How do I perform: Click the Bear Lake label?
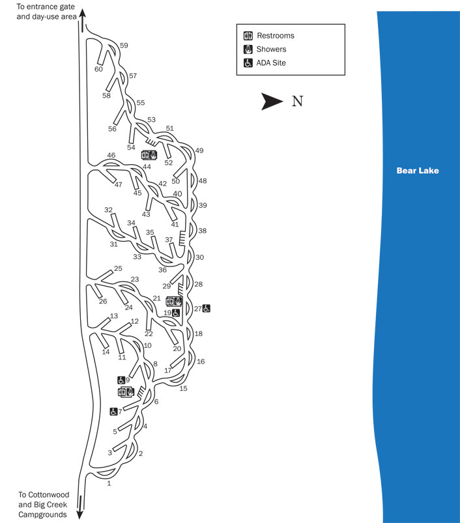click(x=418, y=171)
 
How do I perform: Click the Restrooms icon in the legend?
click(x=248, y=35)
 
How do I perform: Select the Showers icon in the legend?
click(x=248, y=49)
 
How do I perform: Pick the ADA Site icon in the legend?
click(x=248, y=63)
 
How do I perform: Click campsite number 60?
click(x=99, y=69)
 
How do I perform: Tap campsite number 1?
click(x=109, y=483)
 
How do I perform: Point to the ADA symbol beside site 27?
click(x=206, y=308)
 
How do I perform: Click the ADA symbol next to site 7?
click(x=113, y=411)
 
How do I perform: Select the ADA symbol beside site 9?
click(x=121, y=380)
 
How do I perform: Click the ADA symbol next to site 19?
click(x=176, y=313)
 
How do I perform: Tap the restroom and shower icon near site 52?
click(x=149, y=155)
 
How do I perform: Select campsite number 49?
click(x=199, y=150)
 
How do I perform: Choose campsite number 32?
click(x=108, y=210)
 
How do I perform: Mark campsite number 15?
click(x=183, y=388)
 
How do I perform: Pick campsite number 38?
click(x=202, y=231)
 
